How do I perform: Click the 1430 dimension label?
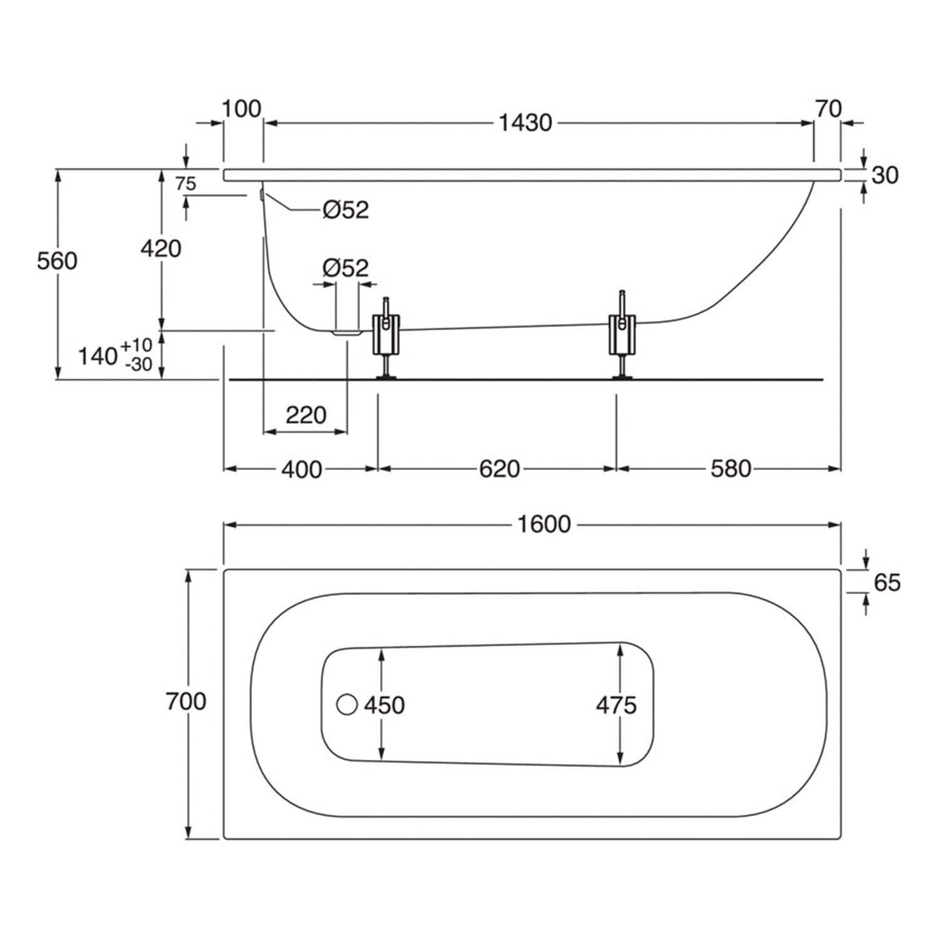tap(525, 123)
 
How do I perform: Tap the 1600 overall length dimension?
tap(543, 524)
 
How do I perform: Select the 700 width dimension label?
tap(186, 701)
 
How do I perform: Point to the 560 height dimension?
tap(57, 260)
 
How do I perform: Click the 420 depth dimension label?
tap(161, 249)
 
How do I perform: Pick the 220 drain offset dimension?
tap(306, 414)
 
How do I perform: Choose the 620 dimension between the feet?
tap(499, 468)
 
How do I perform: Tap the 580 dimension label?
tap(731, 468)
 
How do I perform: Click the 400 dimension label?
tap(301, 469)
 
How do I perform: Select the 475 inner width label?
tap(616, 705)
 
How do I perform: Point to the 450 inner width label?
tap(384, 705)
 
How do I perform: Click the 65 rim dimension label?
tap(887, 582)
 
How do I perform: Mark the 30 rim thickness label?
tap(885, 175)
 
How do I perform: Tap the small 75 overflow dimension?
tap(185, 183)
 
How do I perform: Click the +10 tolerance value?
tap(136, 345)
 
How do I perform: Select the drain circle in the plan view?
tap(347, 704)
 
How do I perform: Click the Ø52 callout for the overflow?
tap(346, 210)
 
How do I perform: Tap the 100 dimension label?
tap(241, 109)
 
